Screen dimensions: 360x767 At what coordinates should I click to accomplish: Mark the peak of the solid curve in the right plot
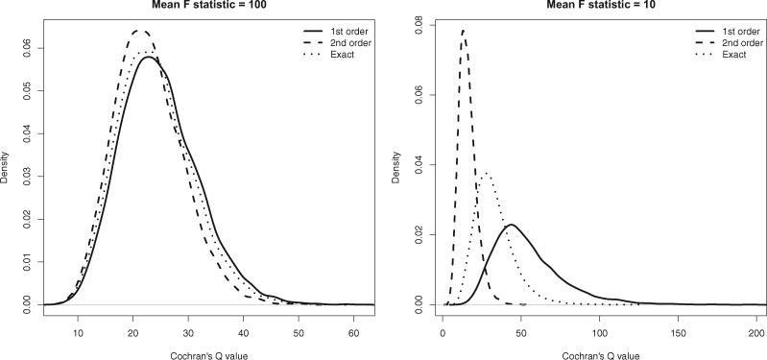(512, 225)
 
